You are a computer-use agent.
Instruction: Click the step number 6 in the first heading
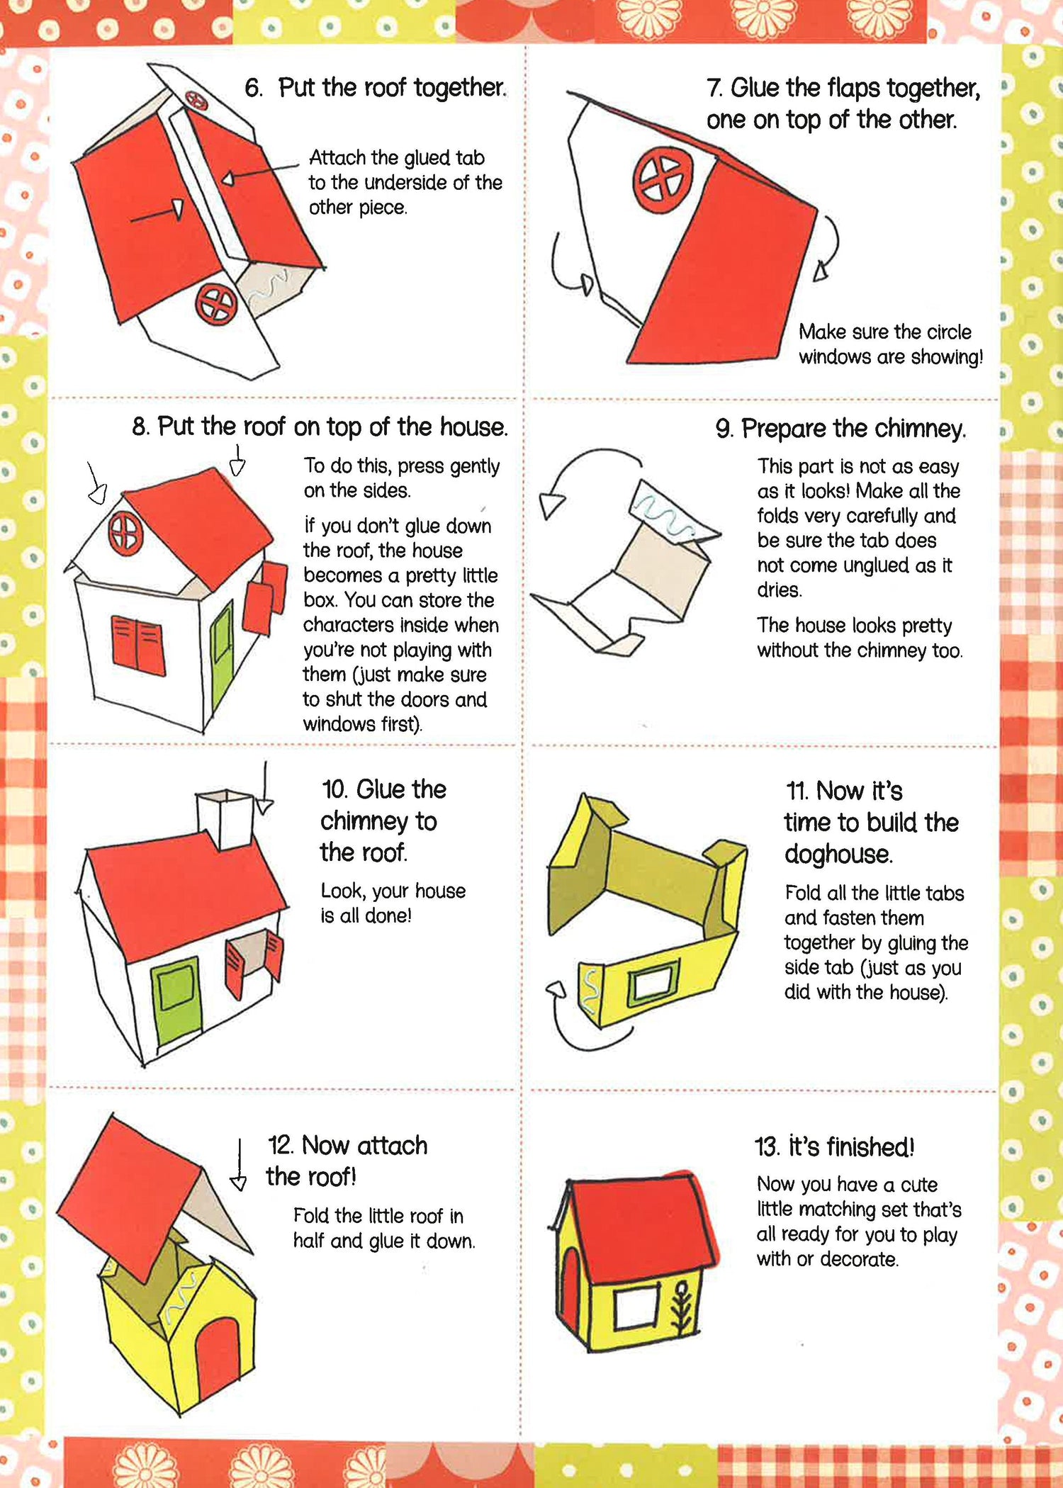[x=254, y=88]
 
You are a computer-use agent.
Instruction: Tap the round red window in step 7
[x=663, y=180]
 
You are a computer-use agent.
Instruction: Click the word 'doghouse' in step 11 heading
[x=838, y=855]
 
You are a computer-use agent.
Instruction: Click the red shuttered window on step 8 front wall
[x=138, y=645]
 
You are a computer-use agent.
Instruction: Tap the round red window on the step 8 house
[x=125, y=533]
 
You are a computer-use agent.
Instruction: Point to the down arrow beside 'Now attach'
[x=239, y=1164]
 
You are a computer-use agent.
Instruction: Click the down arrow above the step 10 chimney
[x=264, y=788]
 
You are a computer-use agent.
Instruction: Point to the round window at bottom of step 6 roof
[x=215, y=303]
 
